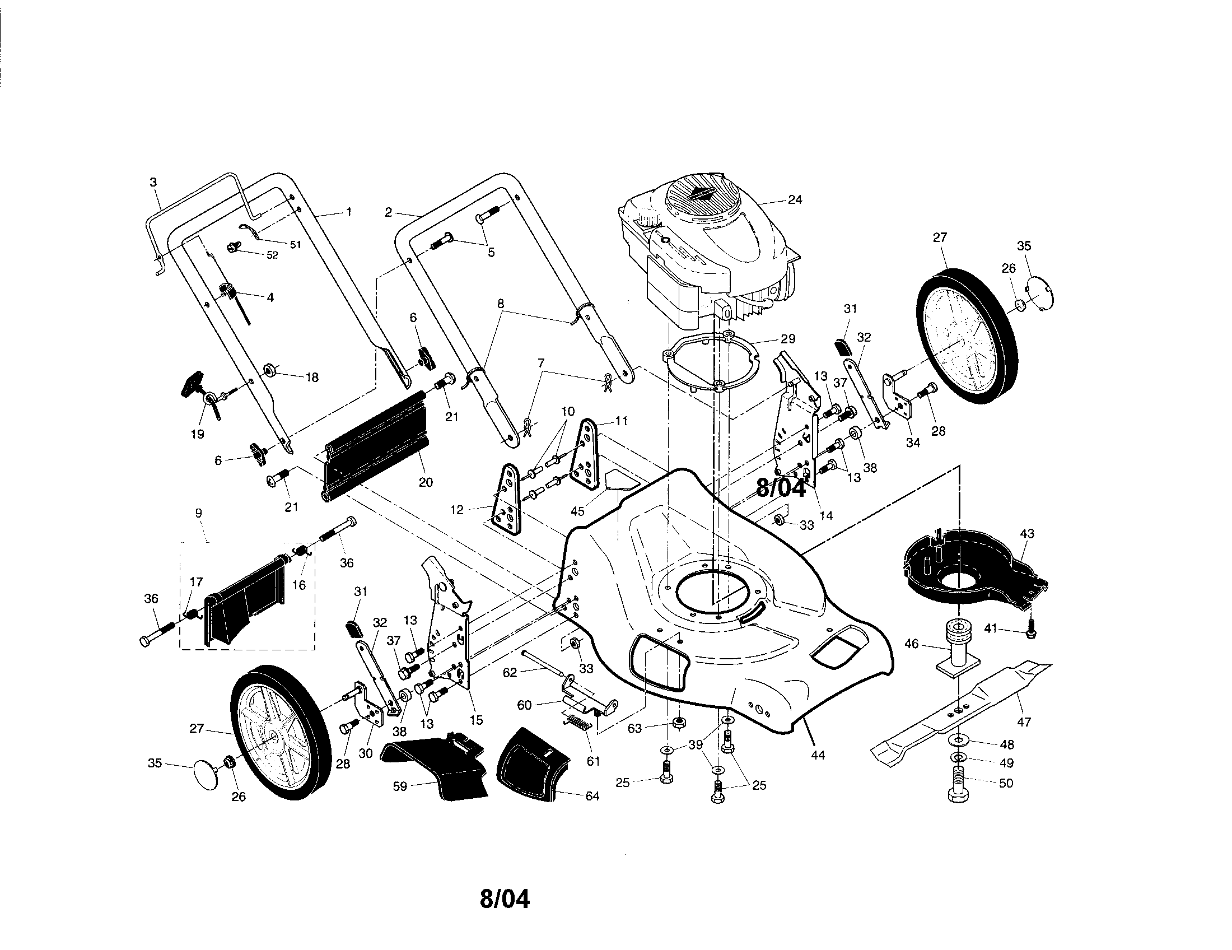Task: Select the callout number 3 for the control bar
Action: [x=153, y=182]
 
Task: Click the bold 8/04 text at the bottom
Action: [x=505, y=898]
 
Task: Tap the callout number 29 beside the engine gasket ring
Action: [x=787, y=339]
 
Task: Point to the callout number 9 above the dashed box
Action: [x=198, y=513]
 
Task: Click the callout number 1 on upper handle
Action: [x=349, y=212]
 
